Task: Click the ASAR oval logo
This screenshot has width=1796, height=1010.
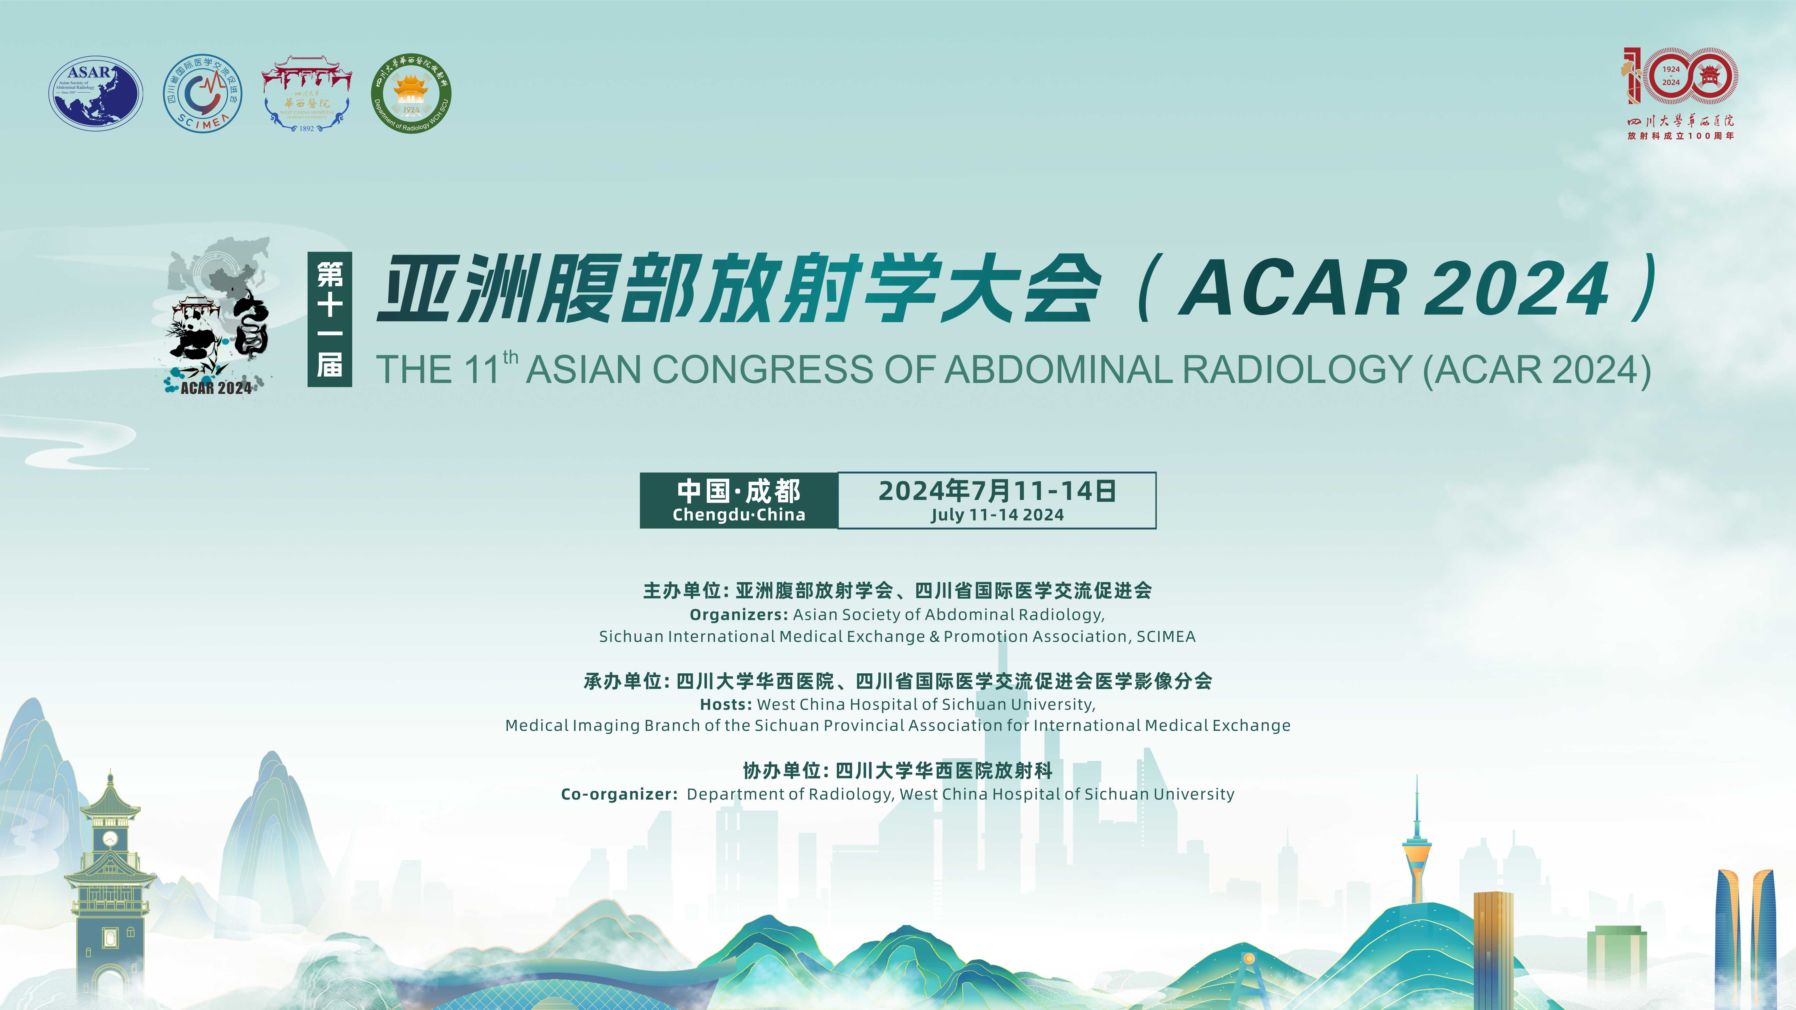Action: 95,93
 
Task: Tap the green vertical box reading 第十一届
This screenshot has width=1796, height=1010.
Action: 330,319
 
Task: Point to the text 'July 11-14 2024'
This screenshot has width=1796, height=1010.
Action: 997,515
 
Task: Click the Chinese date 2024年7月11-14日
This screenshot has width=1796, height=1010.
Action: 997,491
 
